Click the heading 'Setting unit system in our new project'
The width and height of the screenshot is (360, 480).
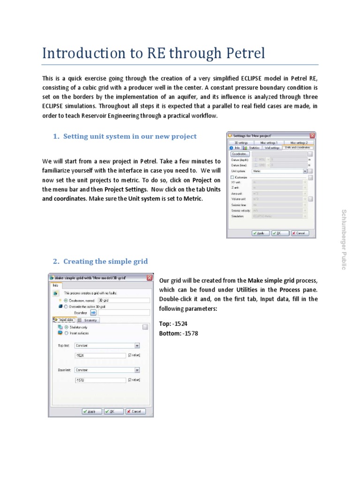[x=130, y=136]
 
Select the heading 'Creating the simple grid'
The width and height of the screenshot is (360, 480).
[x=105, y=261]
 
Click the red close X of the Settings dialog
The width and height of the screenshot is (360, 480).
[x=312, y=135]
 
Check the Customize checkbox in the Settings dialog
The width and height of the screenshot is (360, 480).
[x=232, y=177]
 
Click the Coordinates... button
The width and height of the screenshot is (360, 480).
[x=240, y=153]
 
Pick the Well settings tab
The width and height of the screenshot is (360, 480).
[x=272, y=148]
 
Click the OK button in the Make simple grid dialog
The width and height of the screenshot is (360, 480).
[x=110, y=411]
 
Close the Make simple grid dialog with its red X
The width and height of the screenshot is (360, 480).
[x=149, y=277]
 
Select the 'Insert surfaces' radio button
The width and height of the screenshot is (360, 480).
[x=67, y=333]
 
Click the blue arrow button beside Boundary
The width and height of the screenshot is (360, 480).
[x=93, y=312]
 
